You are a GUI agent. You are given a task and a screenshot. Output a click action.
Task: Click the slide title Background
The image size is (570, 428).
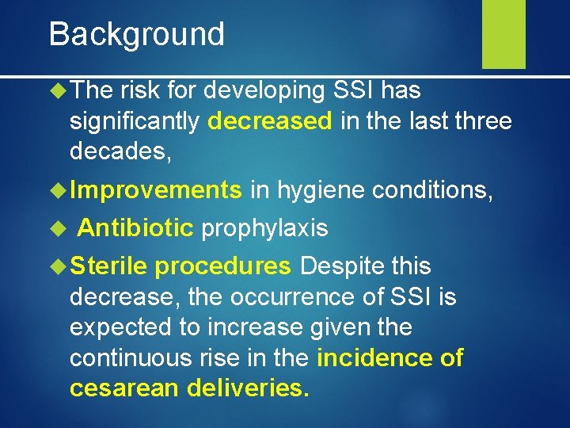[x=136, y=35]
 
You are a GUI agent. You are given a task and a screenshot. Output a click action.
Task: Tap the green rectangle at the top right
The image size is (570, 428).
[x=503, y=33]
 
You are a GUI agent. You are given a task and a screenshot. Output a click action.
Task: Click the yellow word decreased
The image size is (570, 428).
[x=271, y=121]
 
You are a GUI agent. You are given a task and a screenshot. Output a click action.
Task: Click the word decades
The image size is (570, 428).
[x=119, y=150]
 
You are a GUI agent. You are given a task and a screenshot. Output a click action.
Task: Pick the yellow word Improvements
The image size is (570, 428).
[x=156, y=189]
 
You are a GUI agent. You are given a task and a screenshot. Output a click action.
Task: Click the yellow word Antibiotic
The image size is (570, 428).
[x=135, y=228]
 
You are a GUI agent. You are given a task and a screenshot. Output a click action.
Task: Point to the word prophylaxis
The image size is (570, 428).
[x=264, y=228]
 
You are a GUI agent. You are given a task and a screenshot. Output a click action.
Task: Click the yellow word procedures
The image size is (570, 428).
[x=223, y=266]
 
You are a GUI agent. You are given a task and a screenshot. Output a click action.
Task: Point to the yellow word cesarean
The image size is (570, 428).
[x=123, y=388]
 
